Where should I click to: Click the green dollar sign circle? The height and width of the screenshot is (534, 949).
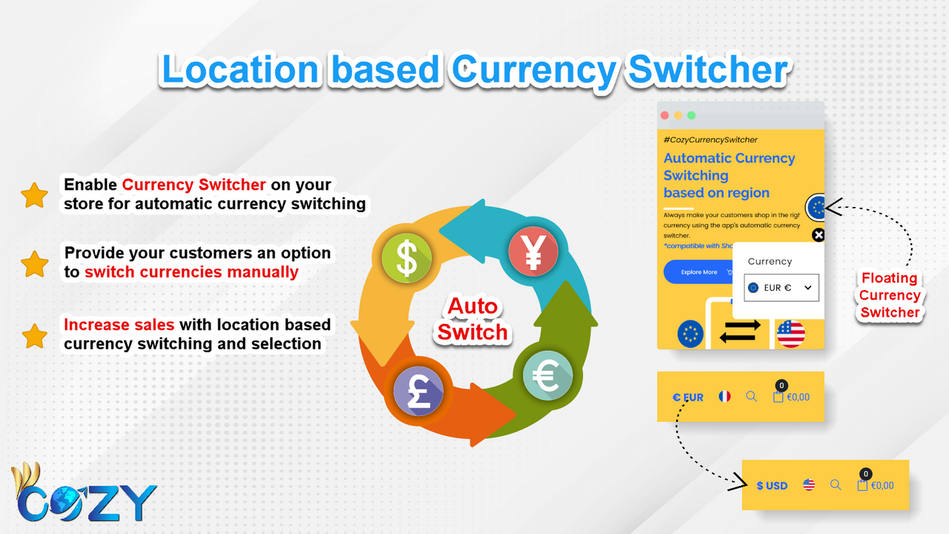click(406, 257)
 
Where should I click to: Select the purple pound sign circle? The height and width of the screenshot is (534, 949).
click(417, 390)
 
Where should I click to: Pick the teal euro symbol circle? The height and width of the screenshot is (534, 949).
click(547, 375)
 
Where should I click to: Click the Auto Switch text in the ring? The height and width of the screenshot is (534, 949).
click(472, 319)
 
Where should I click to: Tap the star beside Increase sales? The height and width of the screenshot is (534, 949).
click(34, 335)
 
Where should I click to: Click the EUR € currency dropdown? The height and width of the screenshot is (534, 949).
click(781, 288)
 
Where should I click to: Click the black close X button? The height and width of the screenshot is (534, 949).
click(818, 235)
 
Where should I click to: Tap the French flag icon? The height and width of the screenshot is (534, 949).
click(724, 397)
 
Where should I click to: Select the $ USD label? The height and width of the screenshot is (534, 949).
click(772, 486)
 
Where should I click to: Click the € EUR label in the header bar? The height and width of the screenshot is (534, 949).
click(688, 398)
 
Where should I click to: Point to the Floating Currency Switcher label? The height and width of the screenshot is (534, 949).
click(890, 295)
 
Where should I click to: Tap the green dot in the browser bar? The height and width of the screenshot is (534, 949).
click(691, 116)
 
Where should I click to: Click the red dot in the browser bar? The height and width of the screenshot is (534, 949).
click(664, 116)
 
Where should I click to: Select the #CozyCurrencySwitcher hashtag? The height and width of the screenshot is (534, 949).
click(710, 139)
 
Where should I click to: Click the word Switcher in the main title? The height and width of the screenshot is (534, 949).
click(707, 70)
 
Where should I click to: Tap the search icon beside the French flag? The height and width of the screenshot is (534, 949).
click(751, 397)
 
